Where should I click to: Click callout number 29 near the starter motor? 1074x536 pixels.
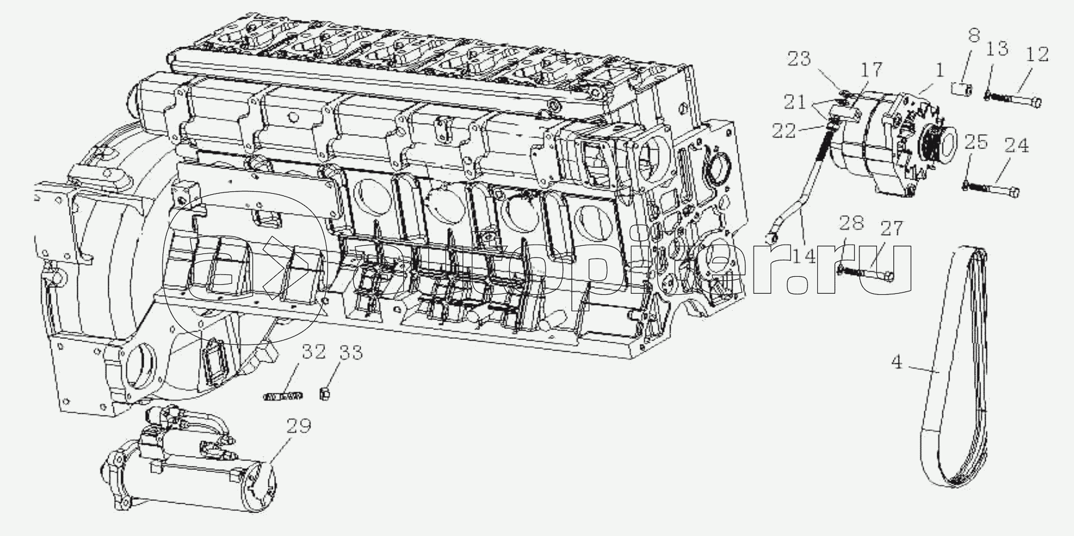tap(299, 425)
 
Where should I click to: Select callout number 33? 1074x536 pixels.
tap(350, 352)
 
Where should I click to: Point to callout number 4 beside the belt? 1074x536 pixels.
tap(897, 363)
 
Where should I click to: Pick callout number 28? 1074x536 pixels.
tap(852, 223)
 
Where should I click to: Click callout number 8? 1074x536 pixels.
tap(973, 36)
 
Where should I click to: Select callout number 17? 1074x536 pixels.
tap(869, 70)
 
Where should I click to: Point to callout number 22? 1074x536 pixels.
tap(783, 130)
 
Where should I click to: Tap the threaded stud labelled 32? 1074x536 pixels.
tap(274, 397)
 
